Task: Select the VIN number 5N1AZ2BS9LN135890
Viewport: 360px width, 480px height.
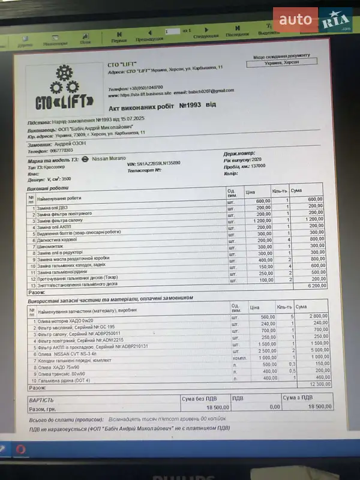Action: [153, 163]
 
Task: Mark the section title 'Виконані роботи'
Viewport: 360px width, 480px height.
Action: [44, 188]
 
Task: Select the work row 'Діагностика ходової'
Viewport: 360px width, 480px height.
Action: [60, 239]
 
